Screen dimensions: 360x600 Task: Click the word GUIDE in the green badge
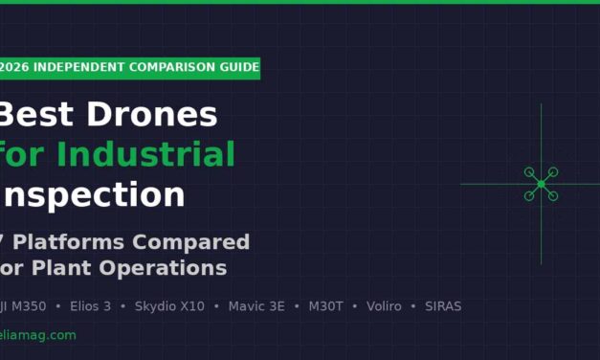point(239,67)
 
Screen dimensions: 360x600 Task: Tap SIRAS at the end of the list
point(443,306)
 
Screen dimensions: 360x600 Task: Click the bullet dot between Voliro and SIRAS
point(413,306)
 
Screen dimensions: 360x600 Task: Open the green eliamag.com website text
point(38,335)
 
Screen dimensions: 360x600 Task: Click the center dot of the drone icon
point(541,184)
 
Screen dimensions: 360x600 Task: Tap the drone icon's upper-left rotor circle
point(529,172)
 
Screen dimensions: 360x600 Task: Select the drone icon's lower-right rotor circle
point(552,195)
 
